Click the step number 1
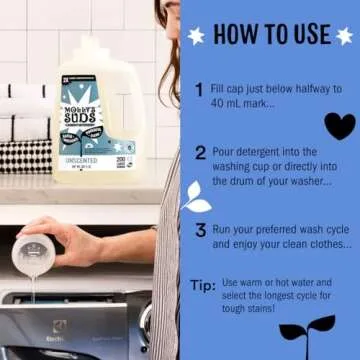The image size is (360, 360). pyautogui.click(x=200, y=89)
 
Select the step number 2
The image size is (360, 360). pyautogui.click(x=201, y=153)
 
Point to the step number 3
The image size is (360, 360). pyautogui.click(x=201, y=229)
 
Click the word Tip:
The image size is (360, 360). pyautogui.click(x=202, y=285)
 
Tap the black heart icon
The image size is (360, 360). pyautogui.click(x=339, y=126)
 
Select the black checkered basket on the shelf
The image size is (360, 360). pyautogui.click(x=25, y=154)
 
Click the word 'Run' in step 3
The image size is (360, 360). pyautogui.click(x=228, y=229)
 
